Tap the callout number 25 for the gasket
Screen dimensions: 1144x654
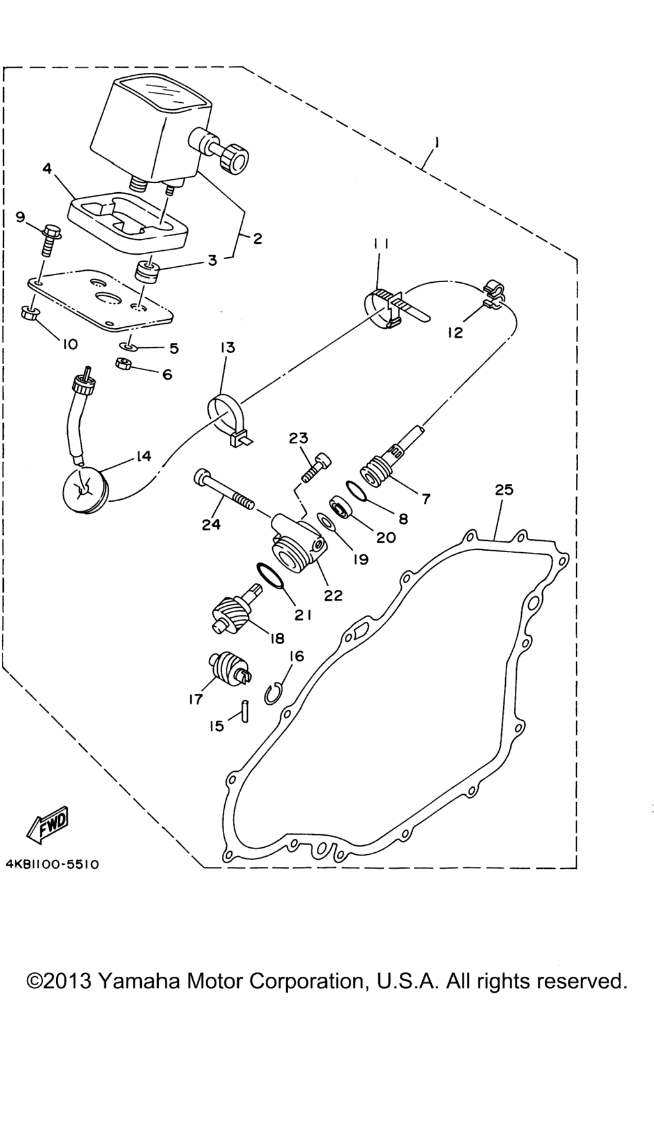503,490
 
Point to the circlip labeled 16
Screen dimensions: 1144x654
273,692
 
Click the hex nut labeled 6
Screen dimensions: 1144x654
123,365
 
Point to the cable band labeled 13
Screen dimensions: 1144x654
225,417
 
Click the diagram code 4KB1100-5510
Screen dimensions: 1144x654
52,864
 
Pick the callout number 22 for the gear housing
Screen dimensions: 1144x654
333,595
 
